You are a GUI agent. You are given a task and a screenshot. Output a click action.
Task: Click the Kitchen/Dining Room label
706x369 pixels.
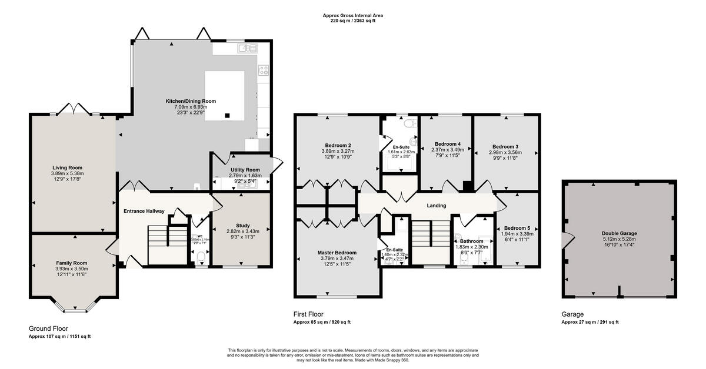190,101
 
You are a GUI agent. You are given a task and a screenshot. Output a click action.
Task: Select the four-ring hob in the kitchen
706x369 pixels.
263,71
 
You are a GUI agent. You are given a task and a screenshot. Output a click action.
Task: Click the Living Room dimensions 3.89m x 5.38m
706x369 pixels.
68,173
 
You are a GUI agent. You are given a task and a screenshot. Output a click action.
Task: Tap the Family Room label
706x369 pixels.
71,263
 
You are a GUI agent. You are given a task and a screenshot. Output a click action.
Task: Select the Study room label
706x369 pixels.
242,225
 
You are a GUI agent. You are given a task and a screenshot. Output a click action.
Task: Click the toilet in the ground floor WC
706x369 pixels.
200,256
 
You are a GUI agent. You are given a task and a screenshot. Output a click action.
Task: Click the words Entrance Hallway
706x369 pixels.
144,211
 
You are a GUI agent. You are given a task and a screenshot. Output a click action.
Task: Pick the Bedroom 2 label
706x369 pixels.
338,145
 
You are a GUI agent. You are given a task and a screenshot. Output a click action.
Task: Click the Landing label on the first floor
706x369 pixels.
437,206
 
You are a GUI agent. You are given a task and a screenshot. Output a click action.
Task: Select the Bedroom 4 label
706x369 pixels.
447,144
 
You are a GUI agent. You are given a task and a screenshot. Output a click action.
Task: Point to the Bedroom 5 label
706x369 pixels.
517,227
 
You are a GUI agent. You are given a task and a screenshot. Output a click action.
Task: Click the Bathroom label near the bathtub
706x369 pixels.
471,241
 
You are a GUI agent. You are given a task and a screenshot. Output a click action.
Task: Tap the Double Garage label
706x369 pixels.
619,233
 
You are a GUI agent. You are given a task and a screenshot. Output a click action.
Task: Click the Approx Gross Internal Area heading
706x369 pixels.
348,15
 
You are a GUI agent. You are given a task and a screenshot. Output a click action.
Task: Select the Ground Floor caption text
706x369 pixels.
48,328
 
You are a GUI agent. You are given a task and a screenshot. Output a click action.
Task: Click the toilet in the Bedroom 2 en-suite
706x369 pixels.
411,124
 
